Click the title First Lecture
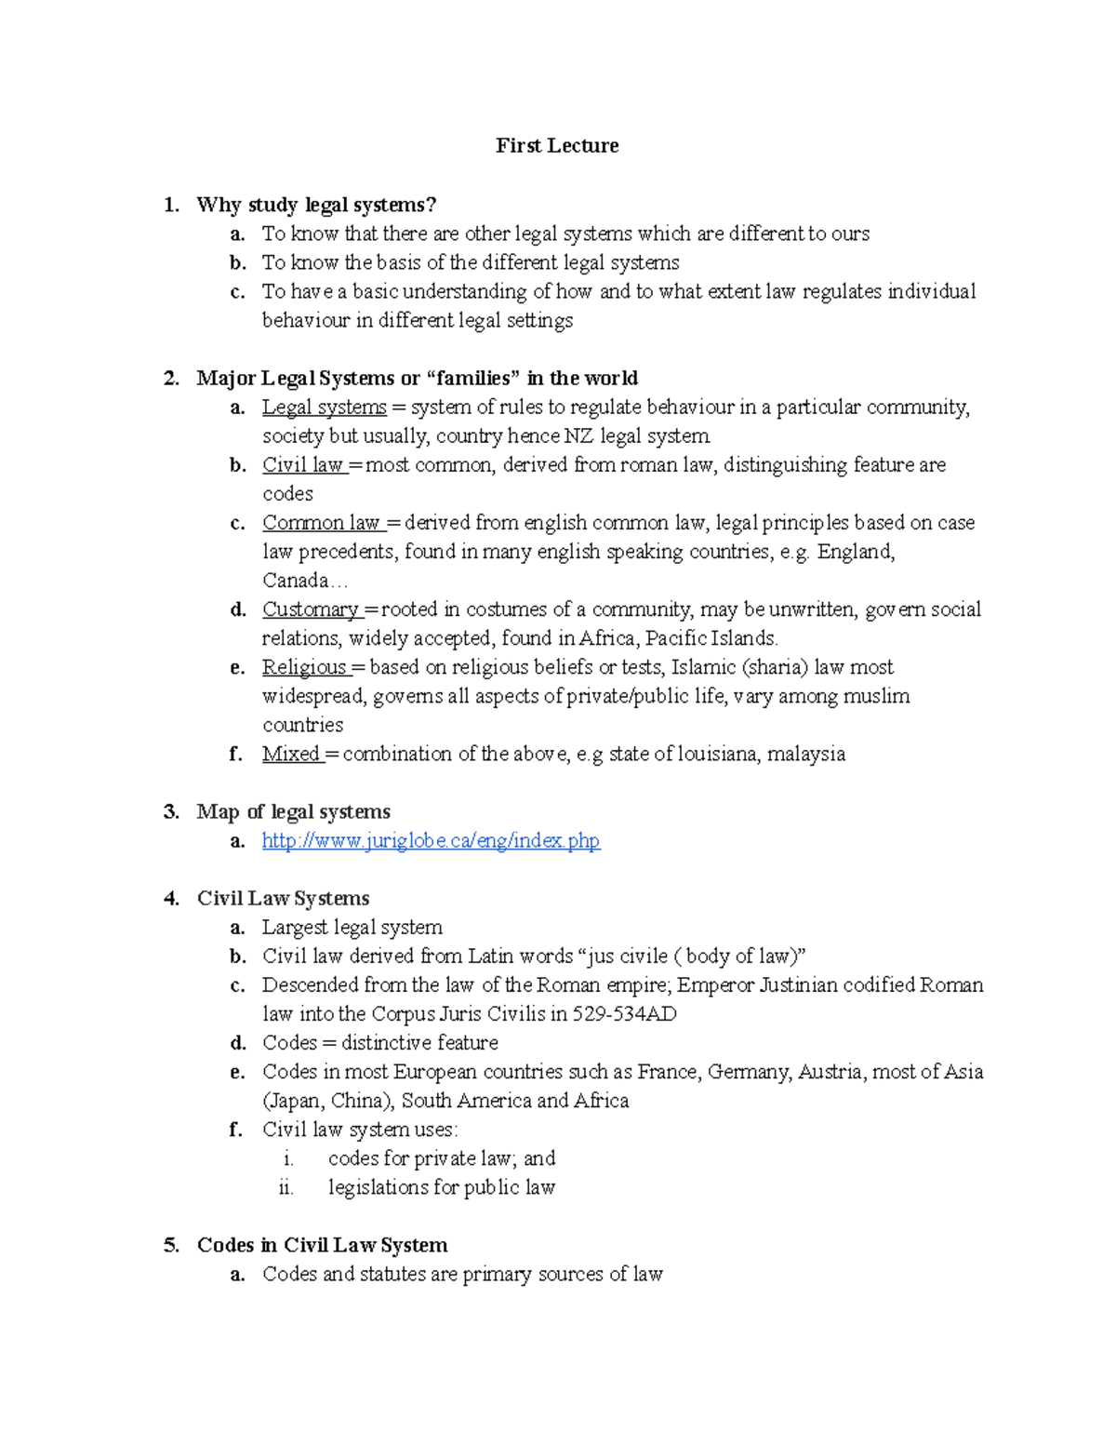(557, 145)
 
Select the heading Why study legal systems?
(316, 205)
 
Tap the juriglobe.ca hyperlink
(431, 841)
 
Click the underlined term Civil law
(303, 465)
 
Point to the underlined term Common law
(322, 523)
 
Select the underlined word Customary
(311, 609)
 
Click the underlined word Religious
(304, 667)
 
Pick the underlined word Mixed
(291, 754)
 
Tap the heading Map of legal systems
(293, 812)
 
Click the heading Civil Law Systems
(283, 899)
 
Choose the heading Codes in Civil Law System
(322, 1246)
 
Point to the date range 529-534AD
(625, 1014)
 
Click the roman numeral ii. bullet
(286, 1188)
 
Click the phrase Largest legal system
(352, 928)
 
